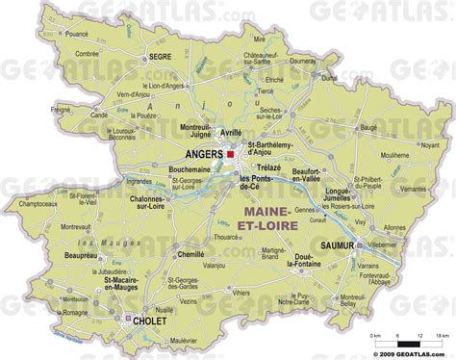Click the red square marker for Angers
[231, 153]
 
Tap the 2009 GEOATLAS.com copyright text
[408, 352]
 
